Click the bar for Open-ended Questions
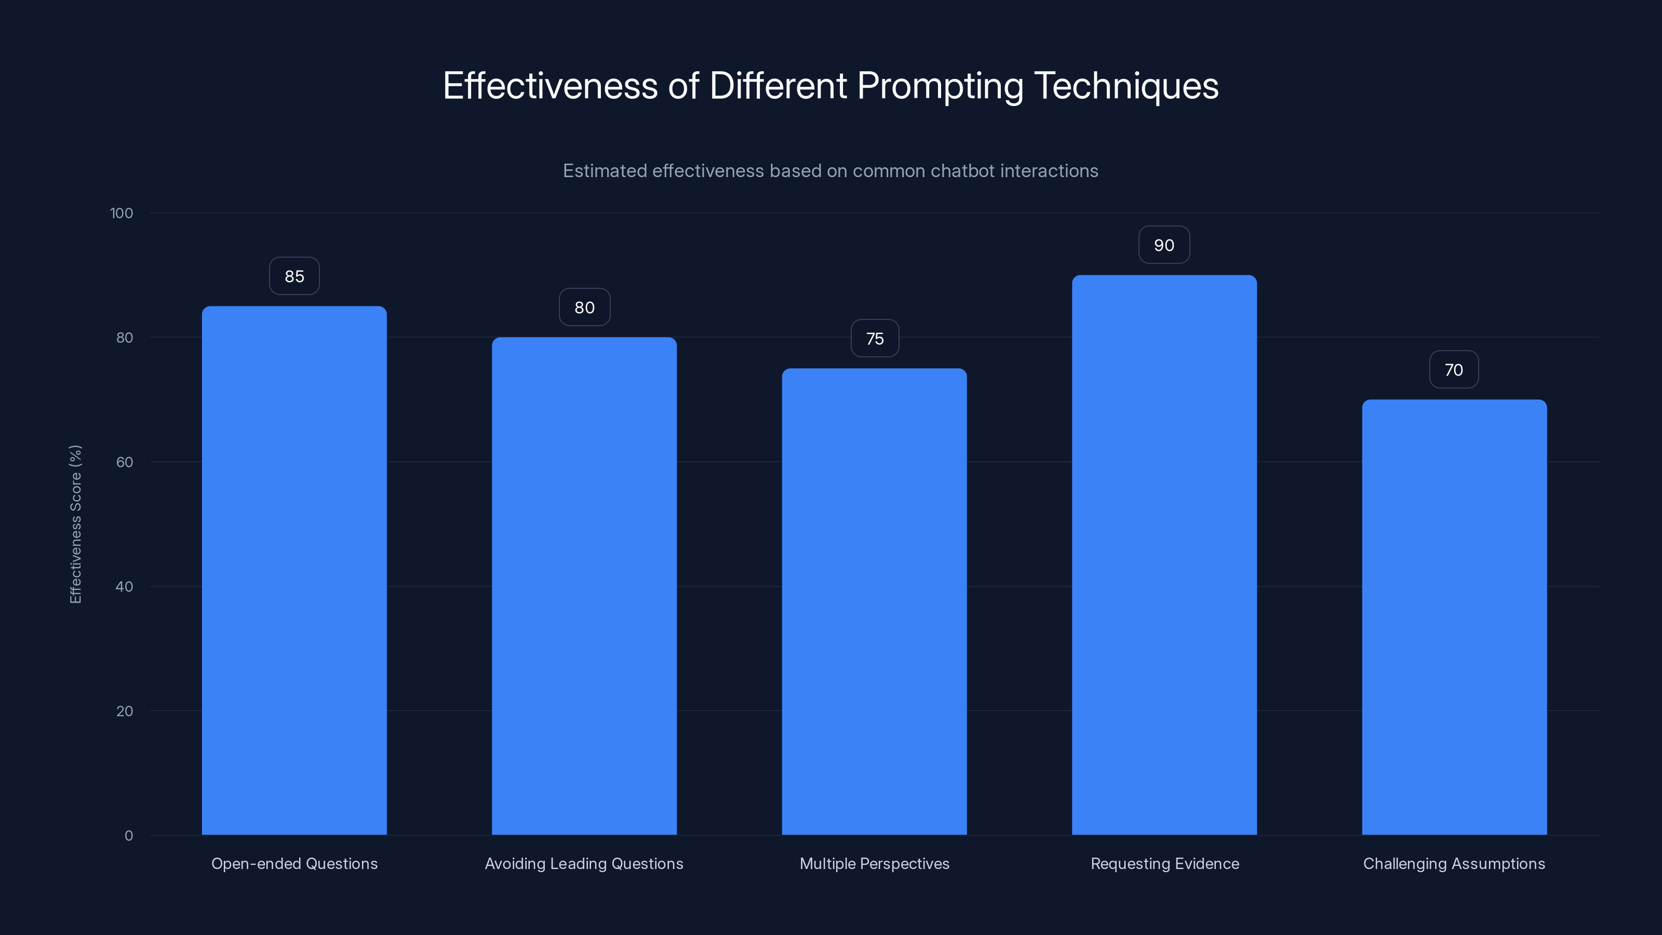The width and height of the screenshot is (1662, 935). point(294,570)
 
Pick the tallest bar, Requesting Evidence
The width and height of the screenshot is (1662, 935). point(1164,555)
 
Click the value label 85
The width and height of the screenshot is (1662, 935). point(294,276)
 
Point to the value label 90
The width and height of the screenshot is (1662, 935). point(1164,245)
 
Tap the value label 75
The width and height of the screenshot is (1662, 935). point(875,339)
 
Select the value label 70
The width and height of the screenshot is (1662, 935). point(1454,370)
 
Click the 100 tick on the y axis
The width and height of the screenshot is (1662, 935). point(122,213)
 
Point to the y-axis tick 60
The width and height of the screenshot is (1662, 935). point(125,462)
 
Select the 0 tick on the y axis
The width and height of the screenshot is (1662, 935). point(128,836)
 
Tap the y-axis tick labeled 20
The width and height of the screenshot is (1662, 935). point(125,711)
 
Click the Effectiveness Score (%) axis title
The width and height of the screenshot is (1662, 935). point(75,524)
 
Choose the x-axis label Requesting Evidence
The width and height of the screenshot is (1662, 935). point(1164,863)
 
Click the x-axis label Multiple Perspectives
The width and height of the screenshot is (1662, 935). point(874,863)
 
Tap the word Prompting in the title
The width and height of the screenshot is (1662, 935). point(940,86)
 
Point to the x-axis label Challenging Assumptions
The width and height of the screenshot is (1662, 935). point(1454,863)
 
